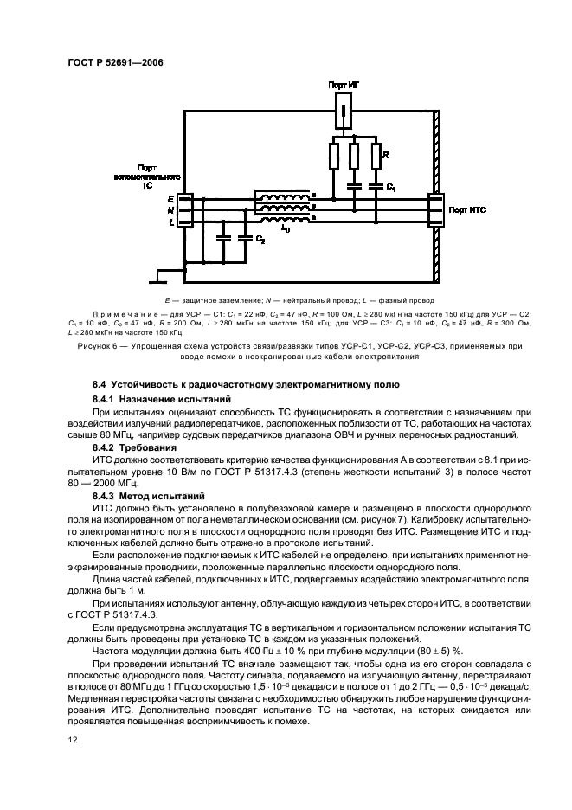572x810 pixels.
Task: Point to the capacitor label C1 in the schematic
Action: coord(391,187)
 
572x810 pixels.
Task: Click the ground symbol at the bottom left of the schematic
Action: coord(159,277)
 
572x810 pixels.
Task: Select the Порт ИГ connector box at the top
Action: coord(345,111)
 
